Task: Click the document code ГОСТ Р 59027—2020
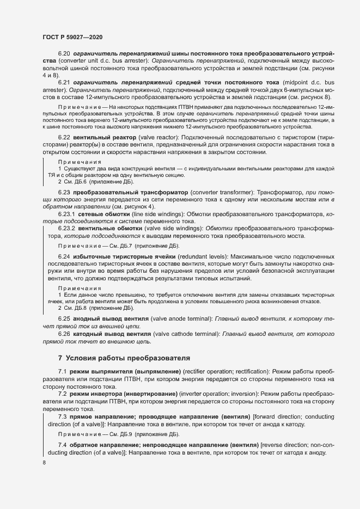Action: click(x=72, y=36)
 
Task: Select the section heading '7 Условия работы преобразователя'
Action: click(x=124, y=358)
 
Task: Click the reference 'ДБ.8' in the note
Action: click(x=82, y=308)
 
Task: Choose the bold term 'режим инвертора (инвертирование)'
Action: click(x=123, y=393)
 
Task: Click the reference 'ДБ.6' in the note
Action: click(x=82, y=182)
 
